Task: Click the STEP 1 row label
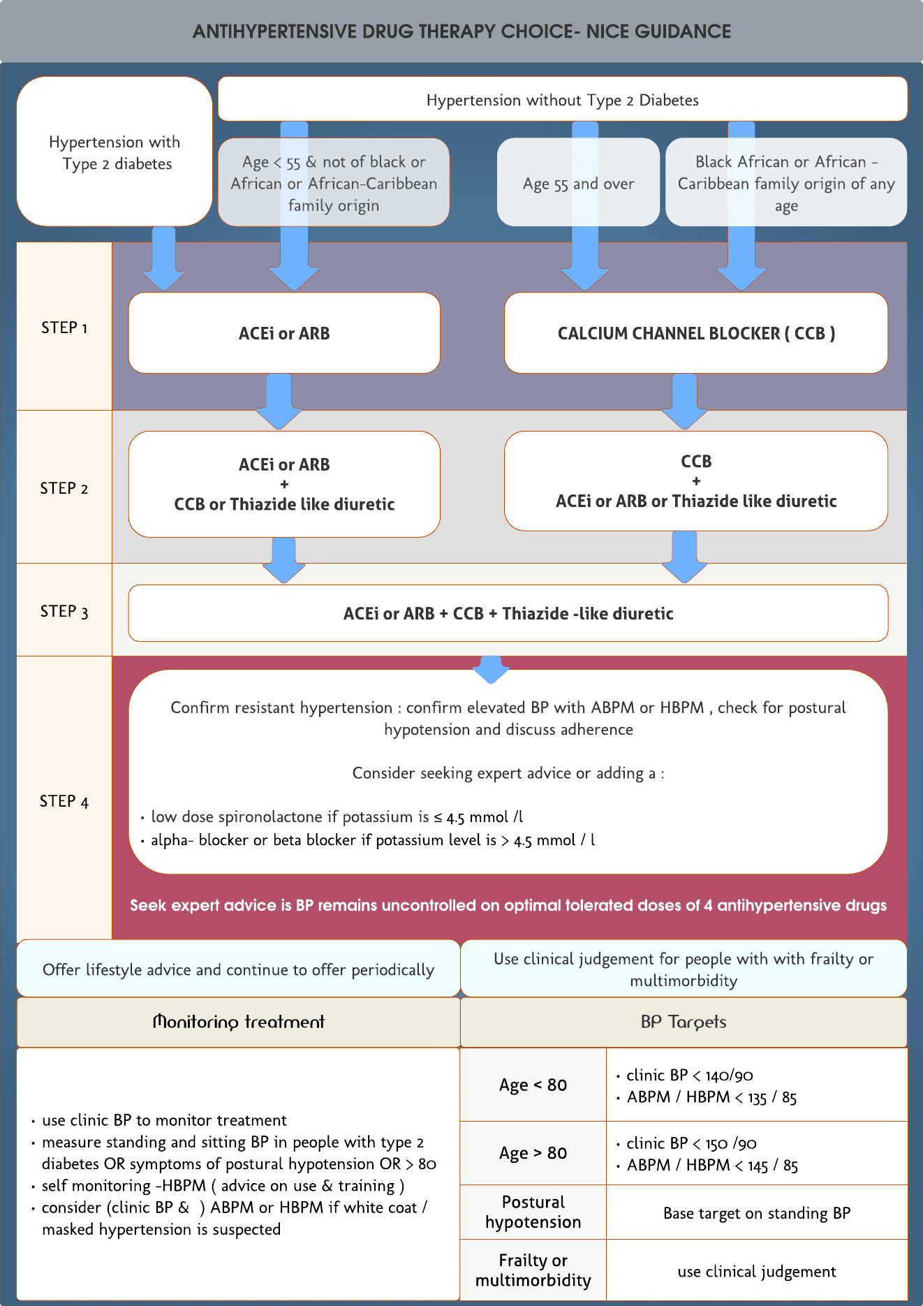[x=64, y=328]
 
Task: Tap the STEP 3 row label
[x=64, y=612]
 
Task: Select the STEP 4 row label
[x=64, y=801]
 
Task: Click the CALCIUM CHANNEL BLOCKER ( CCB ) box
[x=695, y=333]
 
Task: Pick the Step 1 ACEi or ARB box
[x=284, y=333]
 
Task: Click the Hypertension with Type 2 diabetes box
[x=115, y=152]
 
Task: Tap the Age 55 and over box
[x=578, y=184]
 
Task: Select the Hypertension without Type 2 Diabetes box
[x=562, y=100]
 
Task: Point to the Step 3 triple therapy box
[x=508, y=613]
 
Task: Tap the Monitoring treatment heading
[x=238, y=1022]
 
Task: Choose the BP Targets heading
[x=683, y=1022]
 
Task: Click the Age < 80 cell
[x=533, y=1085]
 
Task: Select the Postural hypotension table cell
[x=533, y=1212]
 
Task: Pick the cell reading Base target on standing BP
[x=757, y=1213]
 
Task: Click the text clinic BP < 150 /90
[x=691, y=1143]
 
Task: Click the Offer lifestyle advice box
[x=238, y=969]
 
